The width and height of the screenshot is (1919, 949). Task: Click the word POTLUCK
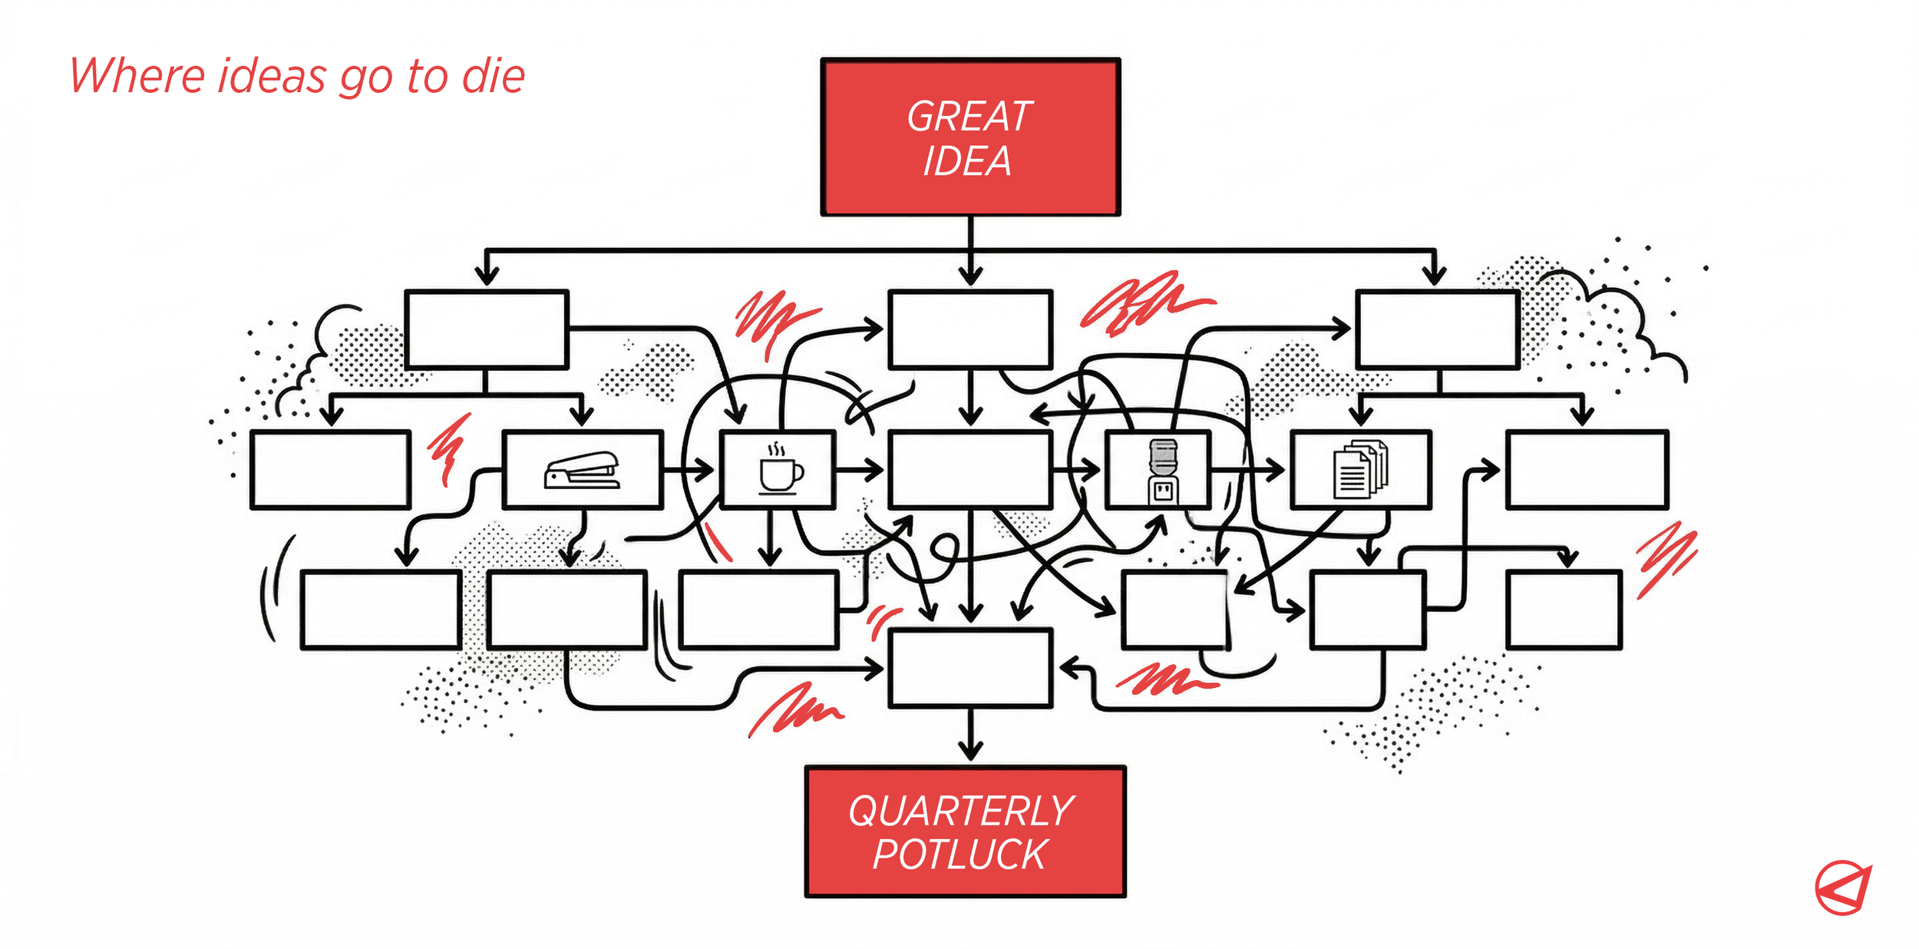959,855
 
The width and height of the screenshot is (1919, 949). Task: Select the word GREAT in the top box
969,117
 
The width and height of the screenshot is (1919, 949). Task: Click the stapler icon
582,470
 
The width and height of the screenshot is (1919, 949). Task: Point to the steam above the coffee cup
778,448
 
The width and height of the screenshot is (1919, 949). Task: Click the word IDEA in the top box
967,161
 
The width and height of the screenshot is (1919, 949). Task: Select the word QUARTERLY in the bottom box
961,811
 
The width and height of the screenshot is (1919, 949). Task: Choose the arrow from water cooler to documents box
1247,469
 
